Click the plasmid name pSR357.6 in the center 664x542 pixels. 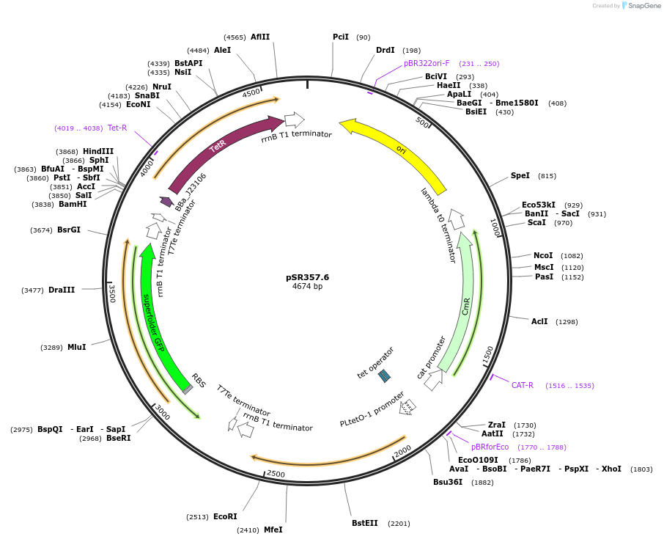pos(307,277)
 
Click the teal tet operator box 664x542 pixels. pos(385,376)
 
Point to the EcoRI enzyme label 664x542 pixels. pos(225,516)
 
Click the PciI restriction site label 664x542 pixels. pos(341,37)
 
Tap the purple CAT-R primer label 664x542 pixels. pos(523,385)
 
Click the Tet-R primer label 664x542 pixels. pos(117,128)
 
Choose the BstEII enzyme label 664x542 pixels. pos(365,523)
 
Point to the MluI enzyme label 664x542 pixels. pos(77,347)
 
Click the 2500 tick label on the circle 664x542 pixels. pos(276,474)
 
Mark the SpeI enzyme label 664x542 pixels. pos(520,176)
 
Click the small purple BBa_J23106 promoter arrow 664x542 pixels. pos(166,201)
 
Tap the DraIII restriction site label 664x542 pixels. pos(61,290)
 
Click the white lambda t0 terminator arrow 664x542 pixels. pos(457,219)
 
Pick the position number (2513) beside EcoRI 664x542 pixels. pos(196,517)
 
